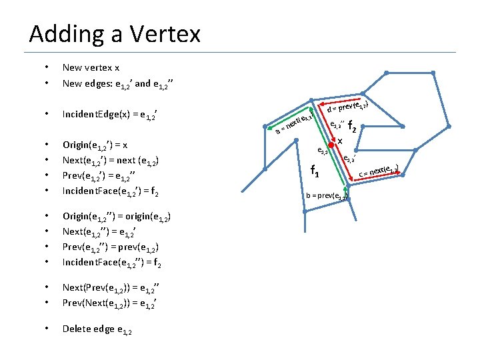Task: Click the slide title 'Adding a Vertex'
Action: tap(115, 33)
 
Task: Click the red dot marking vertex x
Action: tap(331, 145)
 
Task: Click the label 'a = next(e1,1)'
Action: tap(293, 123)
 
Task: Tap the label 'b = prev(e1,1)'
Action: tap(327, 195)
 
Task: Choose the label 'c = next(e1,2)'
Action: tap(379, 171)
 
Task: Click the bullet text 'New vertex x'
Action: tap(91, 67)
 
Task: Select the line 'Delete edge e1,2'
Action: tap(97, 329)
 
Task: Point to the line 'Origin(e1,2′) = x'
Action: tap(95, 145)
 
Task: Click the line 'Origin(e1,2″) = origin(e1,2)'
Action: tap(117, 217)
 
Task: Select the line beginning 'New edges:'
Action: tap(118, 84)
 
